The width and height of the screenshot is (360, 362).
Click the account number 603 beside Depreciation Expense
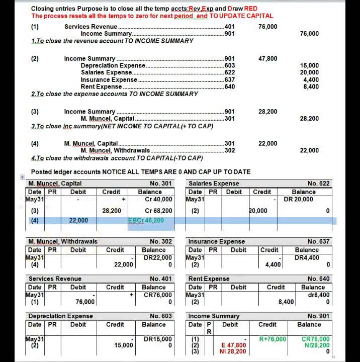pos(229,65)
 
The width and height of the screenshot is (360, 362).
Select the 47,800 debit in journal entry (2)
pos(267,58)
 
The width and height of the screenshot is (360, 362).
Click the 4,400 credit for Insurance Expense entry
pos(273,264)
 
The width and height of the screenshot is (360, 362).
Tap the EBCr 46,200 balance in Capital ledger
pos(146,220)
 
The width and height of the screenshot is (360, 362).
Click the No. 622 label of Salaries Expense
pos(318,184)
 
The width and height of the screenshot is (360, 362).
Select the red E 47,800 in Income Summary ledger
pos(234,345)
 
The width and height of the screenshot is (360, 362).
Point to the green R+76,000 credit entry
pos(273,339)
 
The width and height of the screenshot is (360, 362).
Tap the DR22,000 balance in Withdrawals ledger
pos(158,258)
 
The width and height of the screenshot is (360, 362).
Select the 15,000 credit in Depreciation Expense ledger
pos(123,345)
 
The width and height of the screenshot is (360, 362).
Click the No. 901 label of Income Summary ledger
pos(318,316)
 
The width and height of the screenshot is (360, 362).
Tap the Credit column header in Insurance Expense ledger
pos(269,250)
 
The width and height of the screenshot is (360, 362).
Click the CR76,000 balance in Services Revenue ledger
pos(158,295)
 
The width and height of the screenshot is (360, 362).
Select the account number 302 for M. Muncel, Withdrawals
pos(229,150)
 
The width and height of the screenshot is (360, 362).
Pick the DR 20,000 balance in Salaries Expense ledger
pos(298,199)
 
